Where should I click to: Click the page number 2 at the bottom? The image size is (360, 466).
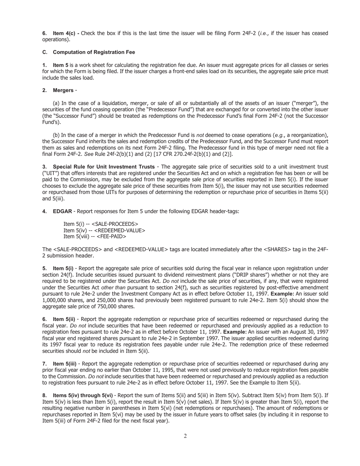(x=185, y=436)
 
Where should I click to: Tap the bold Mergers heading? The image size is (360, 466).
(x=63, y=90)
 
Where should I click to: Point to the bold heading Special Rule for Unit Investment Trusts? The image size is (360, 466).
(x=103, y=167)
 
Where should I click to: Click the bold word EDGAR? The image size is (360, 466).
(x=62, y=211)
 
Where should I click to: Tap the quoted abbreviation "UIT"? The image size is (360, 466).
(x=50, y=173)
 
